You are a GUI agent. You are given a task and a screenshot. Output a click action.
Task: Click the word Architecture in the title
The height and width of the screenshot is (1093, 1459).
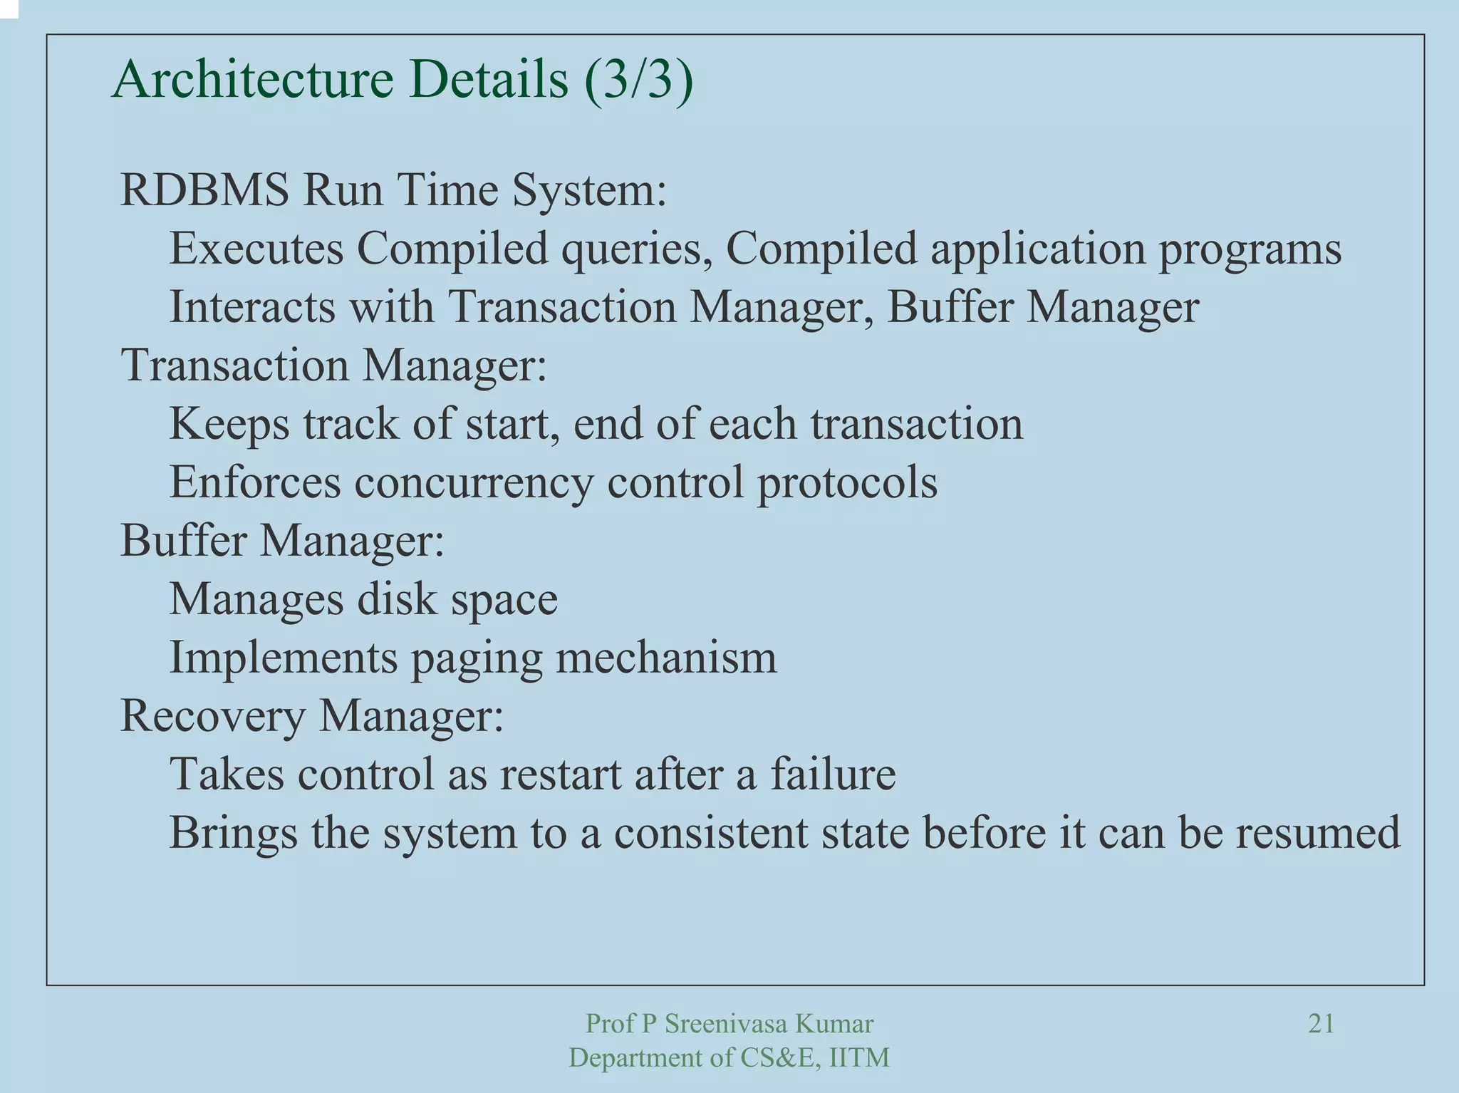click(252, 80)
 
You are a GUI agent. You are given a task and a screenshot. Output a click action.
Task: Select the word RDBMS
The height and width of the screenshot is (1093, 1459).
click(204, 190)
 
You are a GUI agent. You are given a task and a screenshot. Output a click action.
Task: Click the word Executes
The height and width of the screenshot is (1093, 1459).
click(256, 249)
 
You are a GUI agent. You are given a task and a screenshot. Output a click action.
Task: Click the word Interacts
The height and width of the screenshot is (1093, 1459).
click(251, 307)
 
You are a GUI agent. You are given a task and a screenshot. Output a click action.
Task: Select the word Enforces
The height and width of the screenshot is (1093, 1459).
click(255, 482)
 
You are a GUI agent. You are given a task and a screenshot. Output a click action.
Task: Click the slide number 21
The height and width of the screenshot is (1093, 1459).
click(1322, 1024)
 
